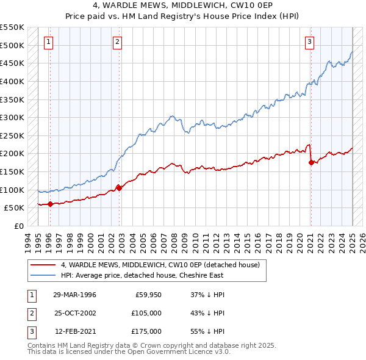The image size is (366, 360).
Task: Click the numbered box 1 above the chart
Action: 48,42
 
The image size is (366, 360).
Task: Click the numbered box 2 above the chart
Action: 117,42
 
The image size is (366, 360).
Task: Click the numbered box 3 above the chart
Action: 310,42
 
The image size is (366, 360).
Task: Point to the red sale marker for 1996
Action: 50,204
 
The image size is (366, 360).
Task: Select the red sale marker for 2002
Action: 119,188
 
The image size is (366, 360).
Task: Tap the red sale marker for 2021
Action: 311,162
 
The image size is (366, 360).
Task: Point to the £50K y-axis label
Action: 14,207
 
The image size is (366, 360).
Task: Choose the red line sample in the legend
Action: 43,265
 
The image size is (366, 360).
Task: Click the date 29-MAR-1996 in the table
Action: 74,295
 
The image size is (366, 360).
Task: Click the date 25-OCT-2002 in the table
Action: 74,313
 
